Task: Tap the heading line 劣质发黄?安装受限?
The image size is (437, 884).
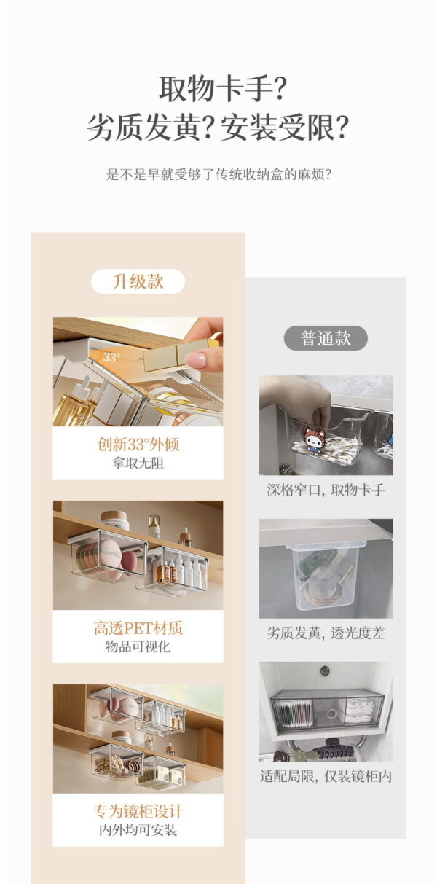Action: point(218,128)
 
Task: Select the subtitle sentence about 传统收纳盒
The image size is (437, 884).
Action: point(219,175)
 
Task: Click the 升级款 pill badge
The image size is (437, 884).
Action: point(138,281)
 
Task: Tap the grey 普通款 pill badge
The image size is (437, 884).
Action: point(326,338)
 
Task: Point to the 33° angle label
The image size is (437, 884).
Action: point(111,357)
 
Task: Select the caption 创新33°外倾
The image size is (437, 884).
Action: point(138,445)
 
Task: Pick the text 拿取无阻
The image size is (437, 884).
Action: point(138,463)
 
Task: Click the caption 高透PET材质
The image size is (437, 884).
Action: point(138,628)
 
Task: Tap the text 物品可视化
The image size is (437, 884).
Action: point(138,646)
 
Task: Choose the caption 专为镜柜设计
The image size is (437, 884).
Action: point(138,811)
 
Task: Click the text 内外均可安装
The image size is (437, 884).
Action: point(138,830)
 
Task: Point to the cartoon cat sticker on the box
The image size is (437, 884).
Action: point(313,442)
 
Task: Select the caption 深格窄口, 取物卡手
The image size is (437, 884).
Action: point(326,490)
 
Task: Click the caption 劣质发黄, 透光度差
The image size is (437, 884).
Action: point(326,633)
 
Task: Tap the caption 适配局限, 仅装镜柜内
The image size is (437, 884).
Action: point(326,776)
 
